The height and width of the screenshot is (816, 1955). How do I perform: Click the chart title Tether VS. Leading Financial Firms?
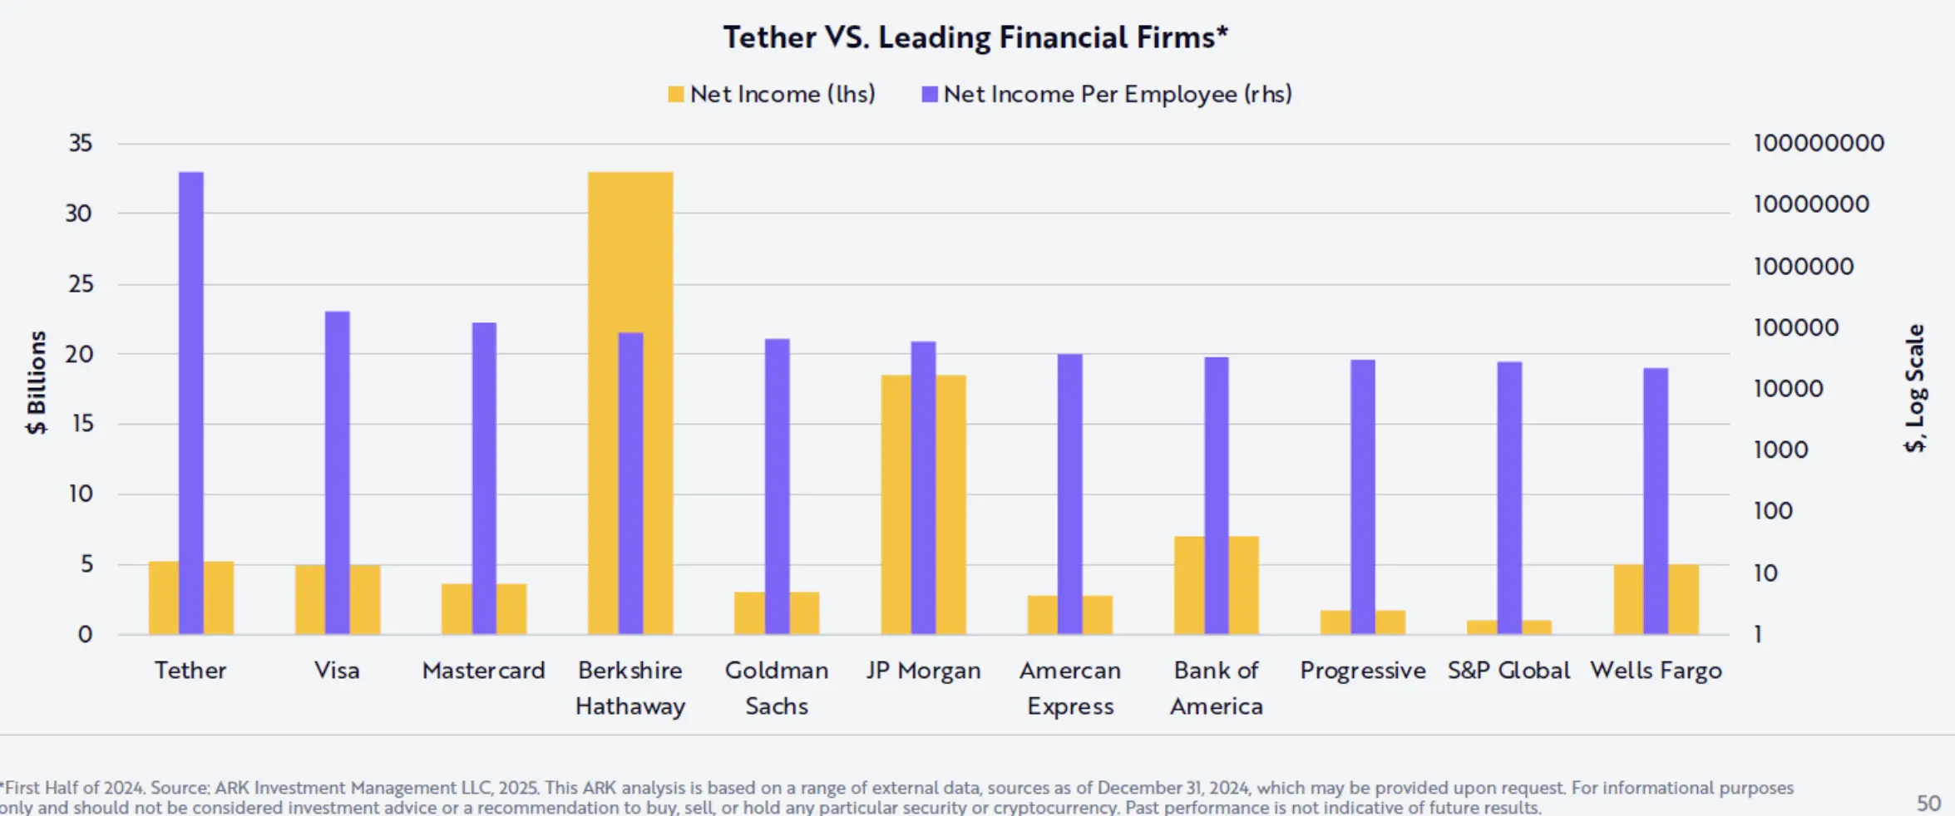click(x=975, y=37)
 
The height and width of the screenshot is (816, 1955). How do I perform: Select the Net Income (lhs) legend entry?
click(x=771, y=94)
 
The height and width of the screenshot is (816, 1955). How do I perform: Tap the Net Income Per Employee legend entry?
click(x=1107, y=94)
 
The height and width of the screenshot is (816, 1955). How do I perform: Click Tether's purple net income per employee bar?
click(x=191, y=399)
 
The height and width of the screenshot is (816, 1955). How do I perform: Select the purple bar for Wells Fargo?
click(x=1656, y=499)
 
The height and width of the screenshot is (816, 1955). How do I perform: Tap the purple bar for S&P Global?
click(x=1509, y=490)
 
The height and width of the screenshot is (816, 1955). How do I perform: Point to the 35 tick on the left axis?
click(x=80, y=143)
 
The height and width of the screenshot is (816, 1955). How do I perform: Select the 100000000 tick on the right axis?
click(x=1819, y=143)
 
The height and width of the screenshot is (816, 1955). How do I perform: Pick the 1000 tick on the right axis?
click(x=1780, y=450)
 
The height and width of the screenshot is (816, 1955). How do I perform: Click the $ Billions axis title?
click(x=37, y=382)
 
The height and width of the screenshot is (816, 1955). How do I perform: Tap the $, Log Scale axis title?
click(x=1914, y=387)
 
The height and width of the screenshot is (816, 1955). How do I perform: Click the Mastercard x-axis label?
click(x=483, y=670)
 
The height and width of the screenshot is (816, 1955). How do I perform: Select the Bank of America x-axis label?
click(x=1216, y=688)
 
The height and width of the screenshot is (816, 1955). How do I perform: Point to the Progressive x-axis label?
click(x=1362, y=670)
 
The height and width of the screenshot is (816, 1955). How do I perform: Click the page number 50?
click(x=1928, y=803)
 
